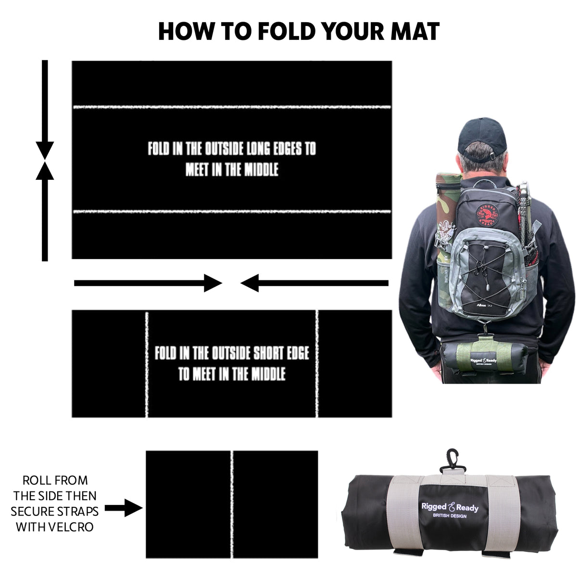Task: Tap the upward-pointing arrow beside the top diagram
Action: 45,212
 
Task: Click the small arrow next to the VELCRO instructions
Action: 124,508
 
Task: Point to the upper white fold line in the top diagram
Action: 231,107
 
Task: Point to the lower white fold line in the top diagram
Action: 231,212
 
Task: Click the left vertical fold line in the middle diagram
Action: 147,364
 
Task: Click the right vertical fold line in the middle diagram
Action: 317,364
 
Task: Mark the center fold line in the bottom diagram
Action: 232,504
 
